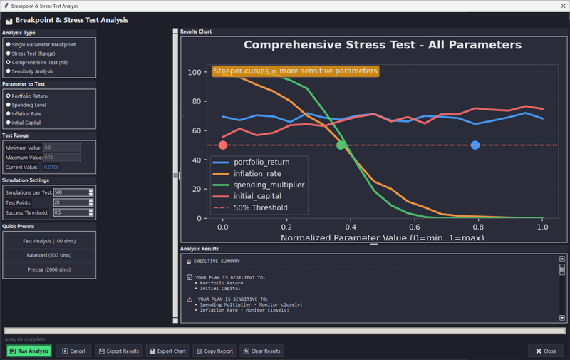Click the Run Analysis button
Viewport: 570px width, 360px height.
coord(29,351)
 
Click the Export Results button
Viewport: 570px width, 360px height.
coord(119,351)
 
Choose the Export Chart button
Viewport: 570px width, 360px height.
coord(167,351)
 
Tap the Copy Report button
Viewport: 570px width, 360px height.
coord(214,351)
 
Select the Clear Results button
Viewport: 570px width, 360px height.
coord(261,351)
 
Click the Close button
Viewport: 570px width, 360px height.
coord(546,351)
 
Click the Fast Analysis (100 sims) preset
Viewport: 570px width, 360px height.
coord(49,241)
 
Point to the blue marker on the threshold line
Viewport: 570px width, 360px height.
coord(475,145)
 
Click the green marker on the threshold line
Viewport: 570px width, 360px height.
coord(341,145)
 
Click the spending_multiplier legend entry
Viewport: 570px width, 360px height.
coord(269,185)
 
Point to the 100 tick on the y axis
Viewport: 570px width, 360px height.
coord(192,72)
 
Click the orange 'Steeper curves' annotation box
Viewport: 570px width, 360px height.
coord(295,71)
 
